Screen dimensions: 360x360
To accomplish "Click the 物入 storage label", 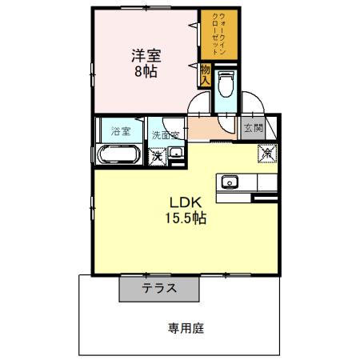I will point(206,76).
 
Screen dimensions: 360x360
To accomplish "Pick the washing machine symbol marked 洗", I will point(157,155).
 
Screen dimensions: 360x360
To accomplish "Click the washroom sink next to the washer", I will point(177,154).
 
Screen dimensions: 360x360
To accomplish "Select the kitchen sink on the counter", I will point(230,182).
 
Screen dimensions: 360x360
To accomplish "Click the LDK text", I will point(181,202).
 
